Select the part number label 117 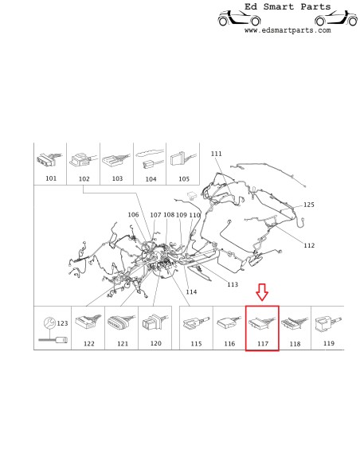pos(262,343)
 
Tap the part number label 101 pos(50,178)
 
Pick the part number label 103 pos(117,178)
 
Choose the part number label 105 pos(183,178)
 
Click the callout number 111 pos(217,153)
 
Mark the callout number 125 pos(308,205)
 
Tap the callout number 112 pos(309,245)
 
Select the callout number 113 pos(233,284)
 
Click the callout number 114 pos(191,291)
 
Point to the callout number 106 pos(133,215)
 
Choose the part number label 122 pos(88,343)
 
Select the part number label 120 pos(155,343)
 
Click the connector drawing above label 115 pos(195,324)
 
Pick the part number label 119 pos(328,343)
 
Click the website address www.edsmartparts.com pos(287,30)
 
